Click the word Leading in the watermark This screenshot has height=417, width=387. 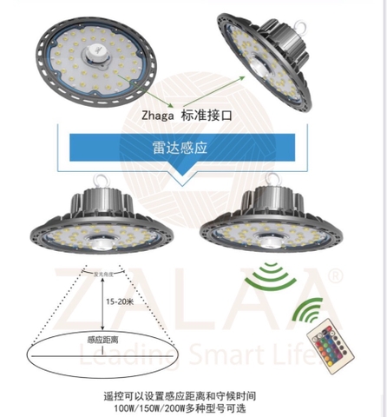pyautogui.click(x=109, y=354)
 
